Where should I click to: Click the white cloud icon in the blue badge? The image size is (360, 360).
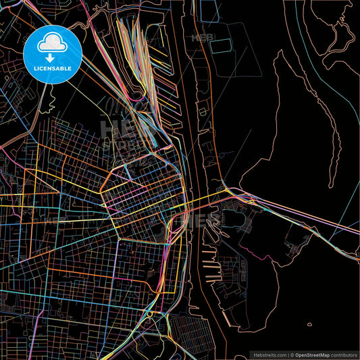pos(52,44)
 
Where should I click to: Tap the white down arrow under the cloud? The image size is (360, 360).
pos(52,57)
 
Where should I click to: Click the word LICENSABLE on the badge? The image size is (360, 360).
pos(52,68)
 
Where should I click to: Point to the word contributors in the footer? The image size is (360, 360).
pos(344,355)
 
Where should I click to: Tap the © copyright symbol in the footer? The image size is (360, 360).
pos(292,355)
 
